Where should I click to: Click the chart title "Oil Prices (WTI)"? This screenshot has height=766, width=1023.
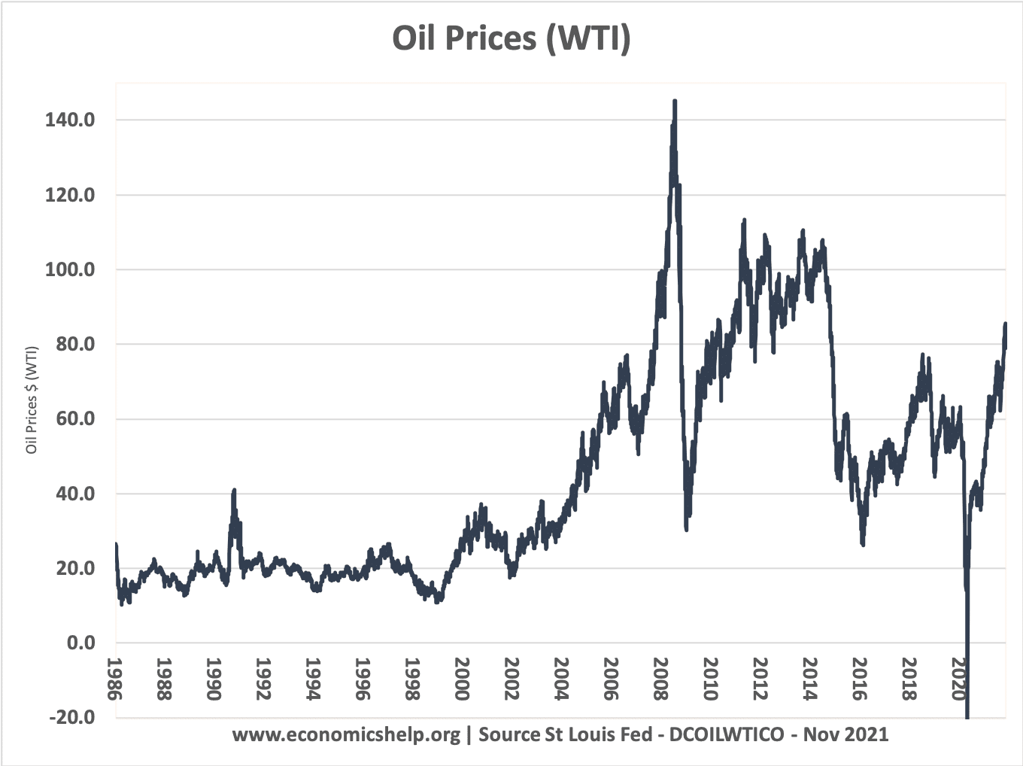coord(511,38)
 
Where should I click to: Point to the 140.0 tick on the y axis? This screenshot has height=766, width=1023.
coord(70,120)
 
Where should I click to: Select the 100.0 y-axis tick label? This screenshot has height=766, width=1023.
coord(70,269)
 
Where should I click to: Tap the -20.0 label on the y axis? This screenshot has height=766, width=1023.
coord(72,717)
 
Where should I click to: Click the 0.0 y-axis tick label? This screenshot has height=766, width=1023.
coord(81,643)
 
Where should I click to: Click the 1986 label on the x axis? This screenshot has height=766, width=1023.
coord(115,679)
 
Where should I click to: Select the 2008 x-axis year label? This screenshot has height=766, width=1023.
coord(661,679)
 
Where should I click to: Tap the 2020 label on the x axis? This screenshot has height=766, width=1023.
coord(959,679)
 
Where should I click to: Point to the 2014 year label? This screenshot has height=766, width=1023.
coord(810,679)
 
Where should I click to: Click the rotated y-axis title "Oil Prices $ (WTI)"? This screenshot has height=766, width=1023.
coord(32,400)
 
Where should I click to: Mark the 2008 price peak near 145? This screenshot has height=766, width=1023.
coord(675,101)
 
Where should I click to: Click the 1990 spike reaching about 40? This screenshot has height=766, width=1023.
coord(234,491)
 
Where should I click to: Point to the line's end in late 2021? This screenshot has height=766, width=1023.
coord(1005,324)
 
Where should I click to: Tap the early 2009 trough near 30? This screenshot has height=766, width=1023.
coord(686,529)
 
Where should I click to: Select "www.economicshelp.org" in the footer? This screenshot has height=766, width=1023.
coord(346,734)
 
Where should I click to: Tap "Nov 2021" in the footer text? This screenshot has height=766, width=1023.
coord(845,734)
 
